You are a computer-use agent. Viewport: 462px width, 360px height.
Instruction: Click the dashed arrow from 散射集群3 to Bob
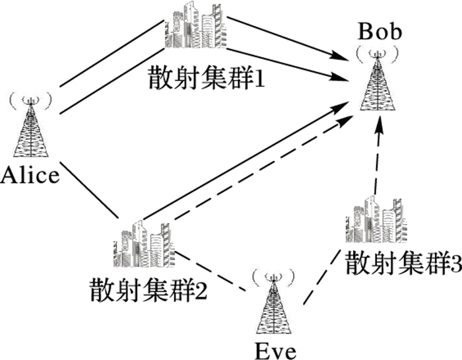point(376,162)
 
